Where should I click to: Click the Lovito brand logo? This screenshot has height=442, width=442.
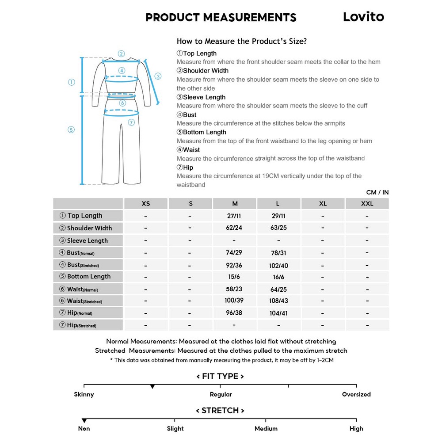pyautogui.click(x=363, y=17)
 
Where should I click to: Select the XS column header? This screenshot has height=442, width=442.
pyautogui.click(x=145, y=204)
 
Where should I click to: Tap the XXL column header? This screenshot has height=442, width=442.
pyautogui.click(x=367, y=204)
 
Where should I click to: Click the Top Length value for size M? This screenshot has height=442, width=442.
pyautogui.click(x=234, y=216)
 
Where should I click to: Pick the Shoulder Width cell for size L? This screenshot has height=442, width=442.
pyautogui.click(x=278, y=228)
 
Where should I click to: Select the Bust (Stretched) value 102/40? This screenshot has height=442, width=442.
pyautogui.click(x=278, y=266)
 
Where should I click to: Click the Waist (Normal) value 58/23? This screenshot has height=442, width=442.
pyautogui.click(x=234, y=289)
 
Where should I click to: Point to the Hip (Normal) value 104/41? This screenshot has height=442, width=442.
pyautogui.click(x=278, y=313)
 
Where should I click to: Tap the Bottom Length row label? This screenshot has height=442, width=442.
pyautogui.click(x=88, y=277)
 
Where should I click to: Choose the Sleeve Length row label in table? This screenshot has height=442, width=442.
pyautogui.click(x=87, y=241)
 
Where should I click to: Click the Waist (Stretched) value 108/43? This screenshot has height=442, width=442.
pyautogui.click(x=278, y=301)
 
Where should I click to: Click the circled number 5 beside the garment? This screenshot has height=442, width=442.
pyautogui.click(x=71, y=130)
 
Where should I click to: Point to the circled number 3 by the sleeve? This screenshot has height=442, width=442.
pyautogui.click(x=158, y=76)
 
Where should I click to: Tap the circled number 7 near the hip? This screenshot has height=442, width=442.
pyautogui.click(x=131, y=123)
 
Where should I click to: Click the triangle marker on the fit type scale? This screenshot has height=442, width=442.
pyautogui.click(x=152, y=387)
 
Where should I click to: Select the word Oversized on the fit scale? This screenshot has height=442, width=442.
pyautogui.click(x=356, y=394)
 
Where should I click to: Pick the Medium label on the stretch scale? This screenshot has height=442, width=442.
pyautogui.click(x=266, y=428)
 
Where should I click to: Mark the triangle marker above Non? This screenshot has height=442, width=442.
pyautogui.click(x=84, y=421)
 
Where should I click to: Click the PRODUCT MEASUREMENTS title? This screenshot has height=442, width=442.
pyautogui.click(x=221, y=18)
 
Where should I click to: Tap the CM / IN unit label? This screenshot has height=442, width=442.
pyautogui.click(x=377, y=192)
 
